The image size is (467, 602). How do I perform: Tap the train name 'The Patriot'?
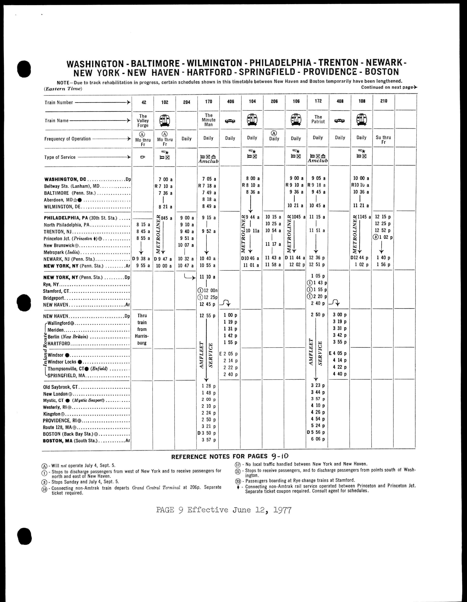coord(318,119)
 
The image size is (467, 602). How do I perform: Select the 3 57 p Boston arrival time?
coord(209,440)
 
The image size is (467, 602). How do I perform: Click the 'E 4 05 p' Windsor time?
coord(338,353)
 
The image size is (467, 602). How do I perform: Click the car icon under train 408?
coord(340,121)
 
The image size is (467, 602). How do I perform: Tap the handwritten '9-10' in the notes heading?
coord(280,456)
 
